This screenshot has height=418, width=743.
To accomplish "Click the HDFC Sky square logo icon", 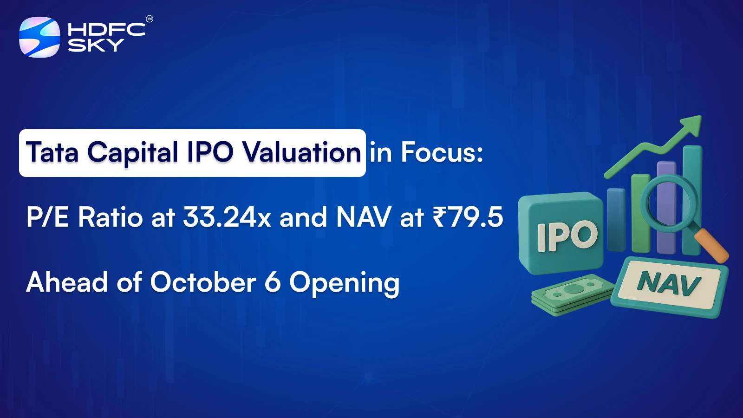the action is pos(40,37).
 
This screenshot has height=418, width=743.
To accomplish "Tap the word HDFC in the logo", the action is pos(106,29).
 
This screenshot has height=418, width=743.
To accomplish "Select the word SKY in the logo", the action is pos(96,45).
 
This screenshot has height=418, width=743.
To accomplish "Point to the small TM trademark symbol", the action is pos(150,19).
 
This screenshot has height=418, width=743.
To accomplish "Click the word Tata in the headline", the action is pos(52,152).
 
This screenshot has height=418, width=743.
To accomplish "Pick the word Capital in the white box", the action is pos(133,153).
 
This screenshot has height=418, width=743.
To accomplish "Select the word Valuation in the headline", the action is pos(301,152).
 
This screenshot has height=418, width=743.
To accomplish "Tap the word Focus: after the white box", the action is pos(442,152).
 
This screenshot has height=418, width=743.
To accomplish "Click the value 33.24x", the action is pos(227,217).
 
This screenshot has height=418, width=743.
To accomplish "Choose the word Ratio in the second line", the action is pos(111,217).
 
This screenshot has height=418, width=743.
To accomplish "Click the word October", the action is pos(203,282).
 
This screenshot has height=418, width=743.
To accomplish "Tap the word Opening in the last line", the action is pos(344,284).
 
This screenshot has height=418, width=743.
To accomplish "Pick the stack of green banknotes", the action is pos(573,294).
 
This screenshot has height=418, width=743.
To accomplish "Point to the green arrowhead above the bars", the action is pos(691,125).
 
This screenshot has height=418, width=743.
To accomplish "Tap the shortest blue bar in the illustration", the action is pos(616,220).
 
